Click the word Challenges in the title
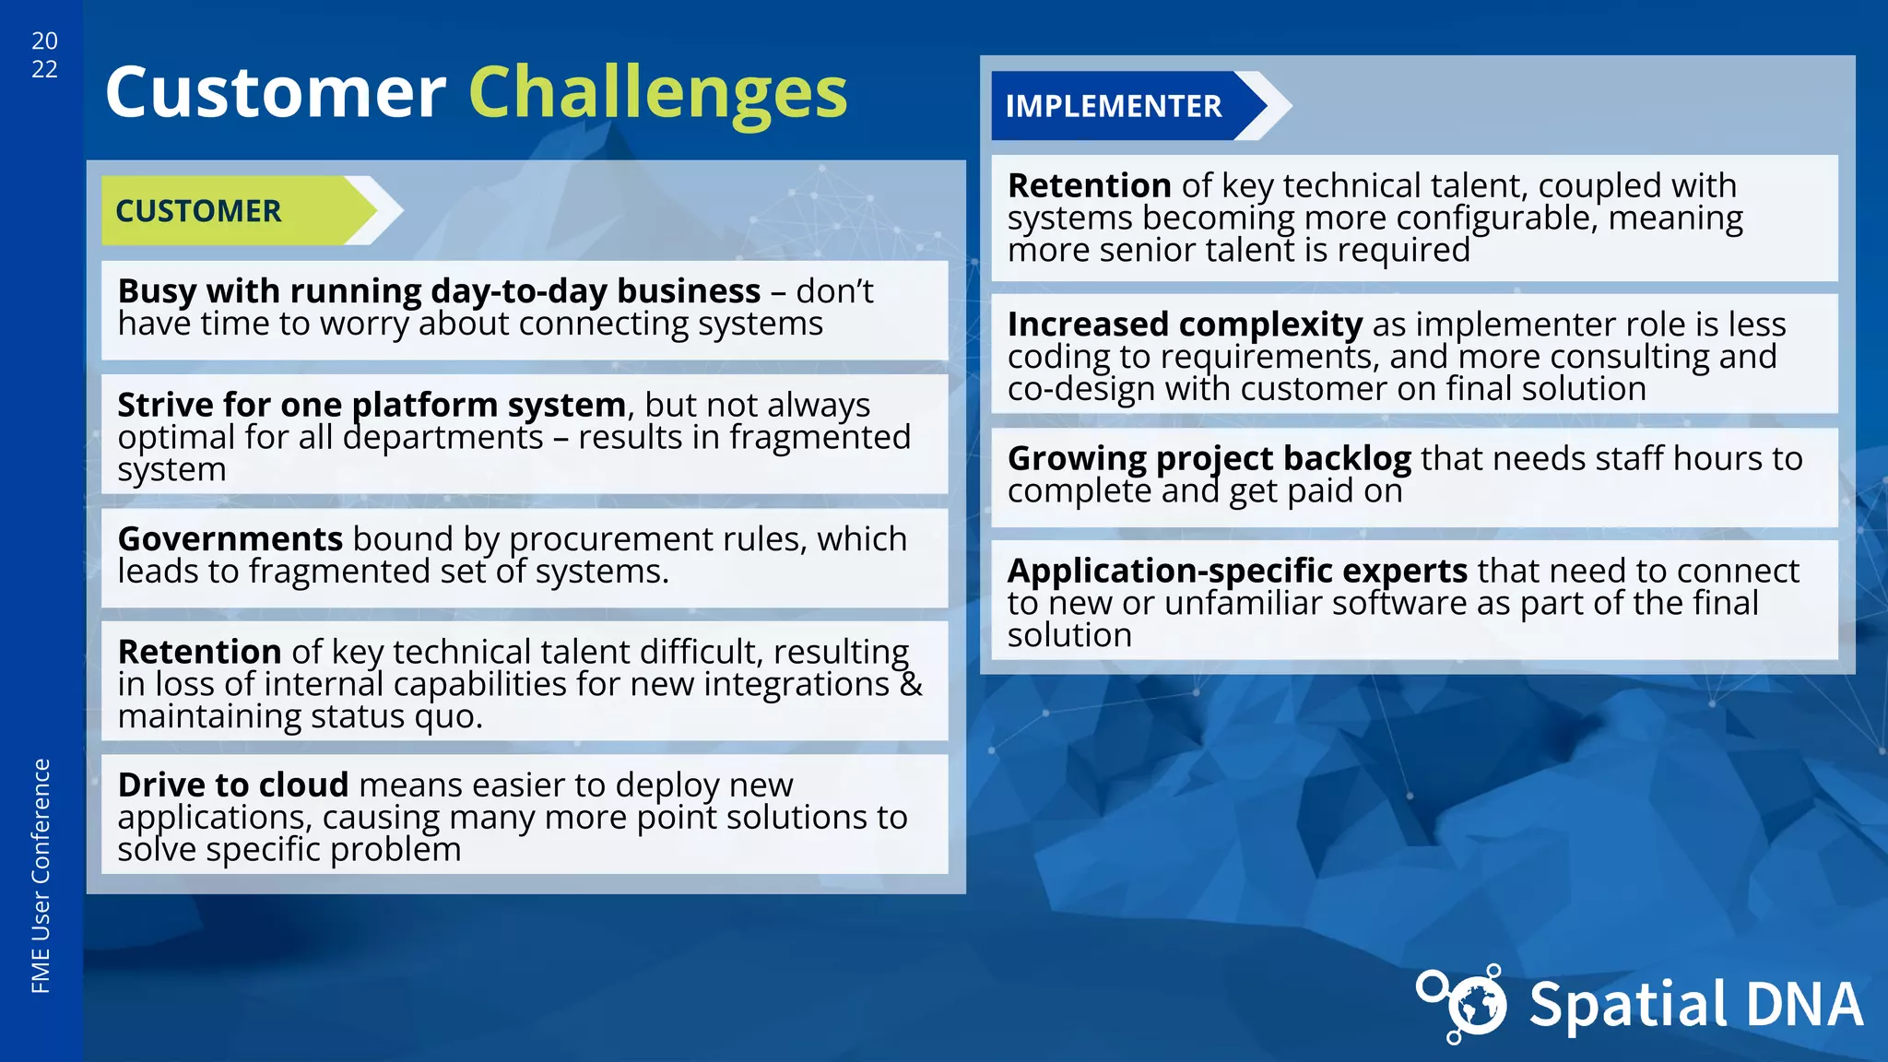(x=657, y=92)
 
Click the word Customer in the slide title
(x=276, y=92)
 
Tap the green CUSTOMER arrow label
(x=199, y=211)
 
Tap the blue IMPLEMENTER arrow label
(x=1113, y=107)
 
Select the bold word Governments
(x=230, y=539)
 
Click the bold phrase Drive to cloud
(x=233, y=785)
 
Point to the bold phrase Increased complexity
(x=1185, y=324)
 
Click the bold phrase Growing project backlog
(x=1209, y=458)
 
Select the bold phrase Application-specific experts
(x=1237, y=571)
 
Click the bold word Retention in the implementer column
(x=1089, y=186)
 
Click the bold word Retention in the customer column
(x=199, y=652)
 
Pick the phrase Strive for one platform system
(x=372, y=406)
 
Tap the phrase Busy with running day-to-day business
(x=439, y=291)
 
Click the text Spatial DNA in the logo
(x=1694, y=1005)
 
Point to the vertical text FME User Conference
(x=41, y=876)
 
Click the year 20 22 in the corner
(x=44, y=55)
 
